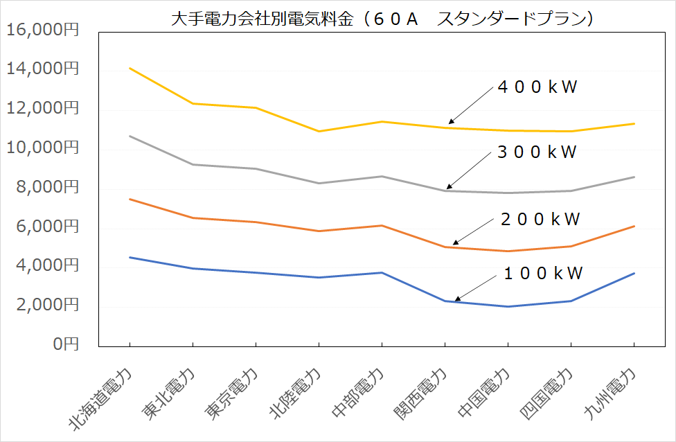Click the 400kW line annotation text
point(537,88)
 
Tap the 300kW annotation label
point(537,153)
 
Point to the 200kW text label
point(540,220)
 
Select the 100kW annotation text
point(543,273)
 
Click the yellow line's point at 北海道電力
point(130,69)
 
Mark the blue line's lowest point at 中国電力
point(508,306)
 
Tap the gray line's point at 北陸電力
point(319,183)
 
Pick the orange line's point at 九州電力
point(634,226)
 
